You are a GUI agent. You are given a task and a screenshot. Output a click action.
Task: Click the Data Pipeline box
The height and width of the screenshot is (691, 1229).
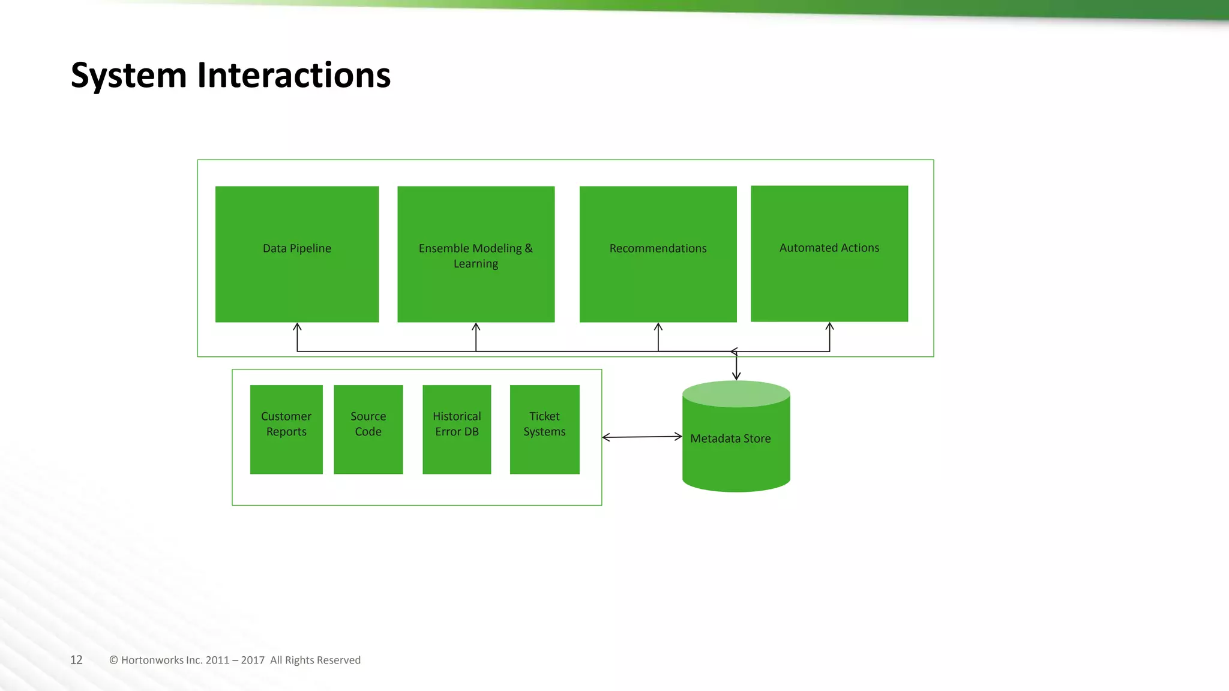click(297, 254)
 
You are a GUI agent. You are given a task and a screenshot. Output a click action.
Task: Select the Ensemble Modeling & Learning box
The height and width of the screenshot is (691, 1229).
click(476, 254)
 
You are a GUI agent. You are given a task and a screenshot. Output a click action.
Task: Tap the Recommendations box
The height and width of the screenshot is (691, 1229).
click(658, 254)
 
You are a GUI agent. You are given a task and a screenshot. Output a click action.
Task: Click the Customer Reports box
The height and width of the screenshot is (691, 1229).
click(286, 429)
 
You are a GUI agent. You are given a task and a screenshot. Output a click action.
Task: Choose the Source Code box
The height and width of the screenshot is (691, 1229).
click(368, 429)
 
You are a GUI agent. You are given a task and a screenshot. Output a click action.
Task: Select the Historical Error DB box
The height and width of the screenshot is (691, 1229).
click(457, 429)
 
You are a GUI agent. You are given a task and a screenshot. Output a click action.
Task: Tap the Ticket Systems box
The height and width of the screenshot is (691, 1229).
click(544, 429)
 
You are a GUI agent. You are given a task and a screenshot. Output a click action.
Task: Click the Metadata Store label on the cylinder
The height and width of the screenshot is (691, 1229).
click(730, 438)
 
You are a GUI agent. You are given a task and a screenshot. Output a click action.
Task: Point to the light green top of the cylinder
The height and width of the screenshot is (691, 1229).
click(736, 394)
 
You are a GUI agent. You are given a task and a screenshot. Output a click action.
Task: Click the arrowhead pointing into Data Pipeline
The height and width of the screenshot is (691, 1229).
click(297, 326)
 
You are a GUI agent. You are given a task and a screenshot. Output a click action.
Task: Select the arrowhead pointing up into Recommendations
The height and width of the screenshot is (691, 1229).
click(658, 326)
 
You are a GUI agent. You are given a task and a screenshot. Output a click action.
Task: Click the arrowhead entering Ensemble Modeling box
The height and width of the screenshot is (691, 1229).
click(476, 326)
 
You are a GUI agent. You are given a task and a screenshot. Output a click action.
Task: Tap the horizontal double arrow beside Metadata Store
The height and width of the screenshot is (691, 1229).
click(642, 437)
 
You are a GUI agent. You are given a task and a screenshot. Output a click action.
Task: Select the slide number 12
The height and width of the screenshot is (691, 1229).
click(76, 660)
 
